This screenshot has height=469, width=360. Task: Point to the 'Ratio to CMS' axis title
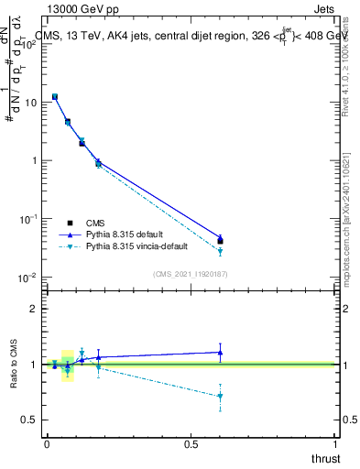(x=13, y=365)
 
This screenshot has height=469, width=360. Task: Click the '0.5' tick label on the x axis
(x=191, y=444)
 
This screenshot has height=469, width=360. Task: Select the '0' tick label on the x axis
(x=47, y=444)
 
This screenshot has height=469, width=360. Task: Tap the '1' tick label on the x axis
(x=336, y=444)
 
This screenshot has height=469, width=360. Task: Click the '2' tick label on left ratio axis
(x=34, y=309)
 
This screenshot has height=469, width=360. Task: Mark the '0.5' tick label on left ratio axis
(x=29, y=420)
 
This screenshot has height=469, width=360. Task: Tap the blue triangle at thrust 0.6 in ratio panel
(x=220, y=352)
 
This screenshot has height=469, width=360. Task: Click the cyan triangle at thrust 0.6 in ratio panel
(x=220, y=397)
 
